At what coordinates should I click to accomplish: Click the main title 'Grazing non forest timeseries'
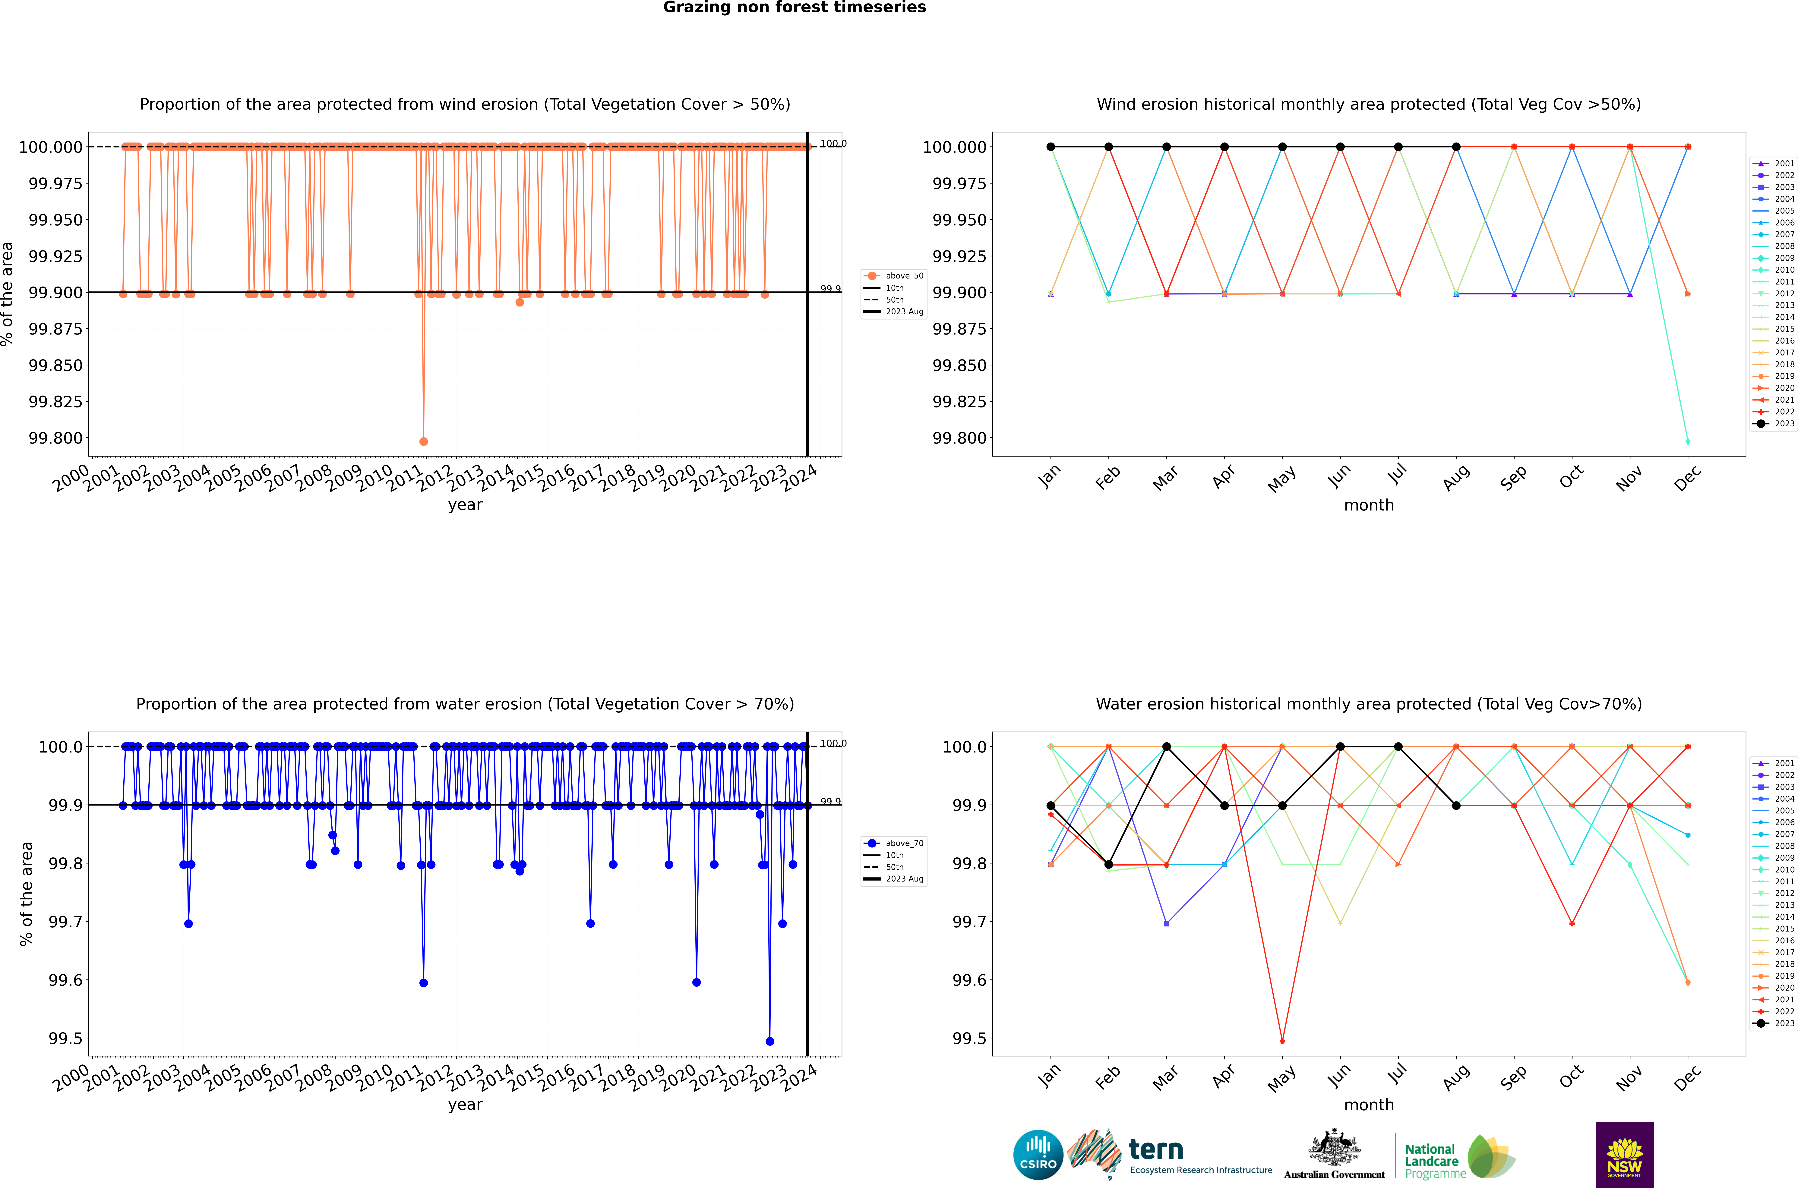(x=794, y=8)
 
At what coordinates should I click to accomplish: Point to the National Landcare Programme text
(x=1431, y=1161)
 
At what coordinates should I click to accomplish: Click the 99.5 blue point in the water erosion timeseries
(x=770, y=1041)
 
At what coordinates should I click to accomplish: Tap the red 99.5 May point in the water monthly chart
(x=1282, y=1041)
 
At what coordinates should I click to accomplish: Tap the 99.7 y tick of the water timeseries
(x=66, y=922)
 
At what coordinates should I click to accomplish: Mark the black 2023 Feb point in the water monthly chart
(x=1108, y=864)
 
